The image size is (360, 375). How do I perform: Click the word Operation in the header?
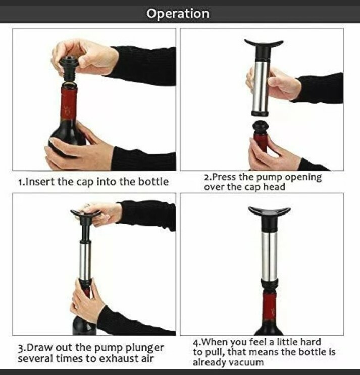(x=178, y=14)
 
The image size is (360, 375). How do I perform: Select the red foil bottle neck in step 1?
(x=69, y=103)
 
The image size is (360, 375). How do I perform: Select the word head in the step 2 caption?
(x=274, y=187)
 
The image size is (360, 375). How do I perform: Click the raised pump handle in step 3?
(x=86, y=213)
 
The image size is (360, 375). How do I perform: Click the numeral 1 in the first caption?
(x=21, y=182)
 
